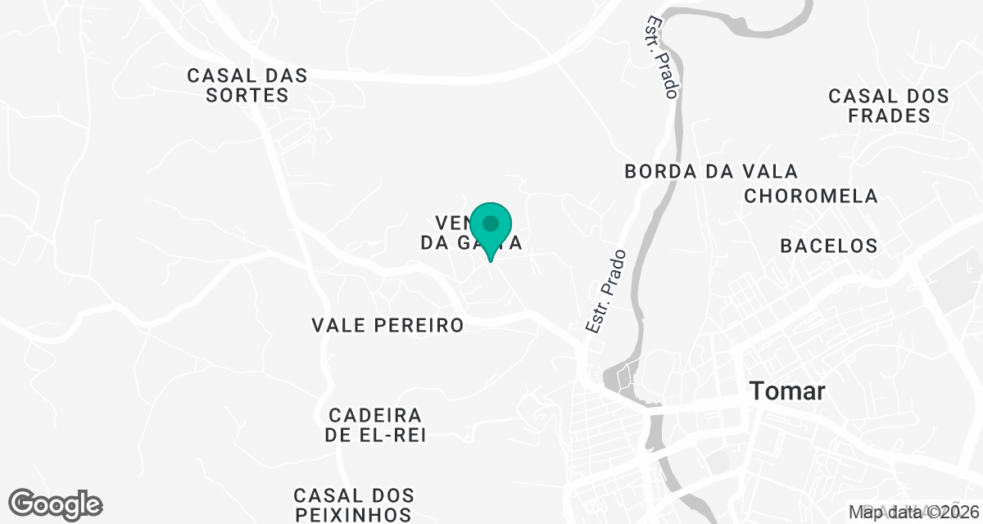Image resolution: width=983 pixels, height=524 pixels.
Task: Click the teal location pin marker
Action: [x=491, y=226]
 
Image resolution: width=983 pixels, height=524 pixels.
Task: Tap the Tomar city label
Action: [x=786, y=391]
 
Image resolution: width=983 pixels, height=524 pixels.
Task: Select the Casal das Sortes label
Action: [x=247, y=85]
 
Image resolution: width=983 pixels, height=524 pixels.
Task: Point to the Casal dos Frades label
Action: [x=889, y=106]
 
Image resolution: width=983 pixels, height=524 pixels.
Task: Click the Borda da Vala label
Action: [x=710, y=171]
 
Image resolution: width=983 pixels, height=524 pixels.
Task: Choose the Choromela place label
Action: [x=811, y=196]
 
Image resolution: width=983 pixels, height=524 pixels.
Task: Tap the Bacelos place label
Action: [x=829, y=245]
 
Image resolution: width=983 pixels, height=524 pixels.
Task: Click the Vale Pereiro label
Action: [x=387, y=325]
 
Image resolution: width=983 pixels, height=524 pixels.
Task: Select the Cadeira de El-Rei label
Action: [x=375, y=425]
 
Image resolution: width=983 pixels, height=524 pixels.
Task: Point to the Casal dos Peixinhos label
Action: [x=353, y=505]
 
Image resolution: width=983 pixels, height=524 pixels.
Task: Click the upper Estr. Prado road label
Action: [x=662, y=57]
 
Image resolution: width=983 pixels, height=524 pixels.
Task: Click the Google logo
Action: [x=56, y=503]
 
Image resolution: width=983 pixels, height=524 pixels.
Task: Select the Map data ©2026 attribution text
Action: [x=913, y=513]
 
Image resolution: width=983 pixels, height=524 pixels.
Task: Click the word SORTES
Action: [x=247, y=95]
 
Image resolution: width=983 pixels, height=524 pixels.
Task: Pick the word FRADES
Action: [x=890, y=115]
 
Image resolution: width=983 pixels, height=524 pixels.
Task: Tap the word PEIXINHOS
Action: [x=353, y=515]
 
